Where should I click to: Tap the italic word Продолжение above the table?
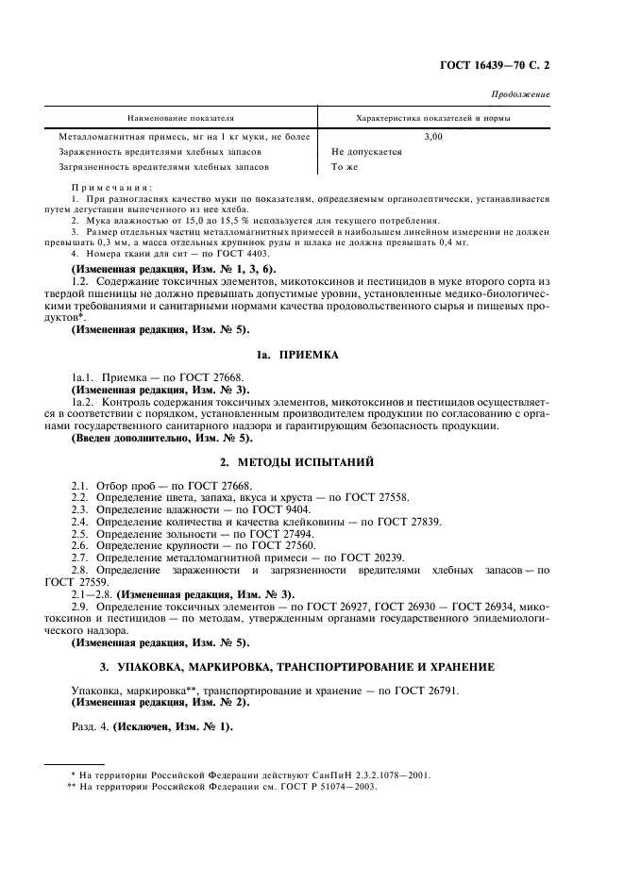[x=520, y=95]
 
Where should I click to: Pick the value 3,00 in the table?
[x=433, y=137]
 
